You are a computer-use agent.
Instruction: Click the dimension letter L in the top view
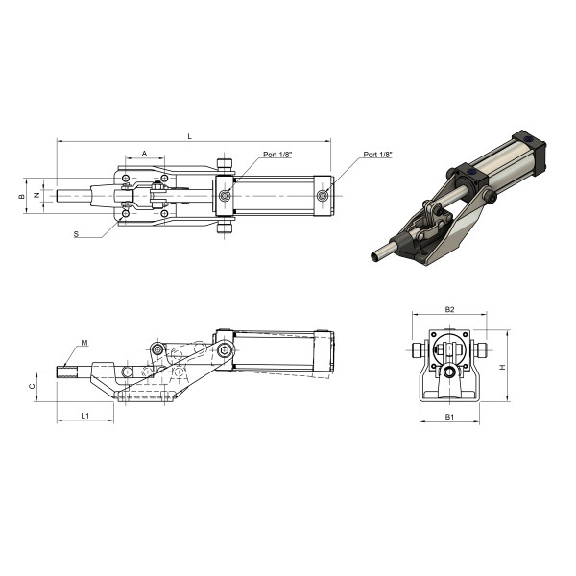click(x=189, y=136)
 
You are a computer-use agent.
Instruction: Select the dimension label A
click(x=144, y=154)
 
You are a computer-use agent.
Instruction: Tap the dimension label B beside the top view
click(x=22, y=196)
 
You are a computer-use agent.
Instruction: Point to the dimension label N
click(x=36, y=196)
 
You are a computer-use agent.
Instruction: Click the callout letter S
click(x=76, y=234)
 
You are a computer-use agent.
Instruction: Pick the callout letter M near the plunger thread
click(x=84, y=343)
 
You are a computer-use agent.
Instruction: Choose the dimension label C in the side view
click(x=32, y=386)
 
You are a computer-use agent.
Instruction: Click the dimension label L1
click(x=84, y=416)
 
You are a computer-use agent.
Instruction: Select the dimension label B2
click(x=449, y=309)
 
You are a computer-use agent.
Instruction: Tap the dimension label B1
click(x=449, y=417)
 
